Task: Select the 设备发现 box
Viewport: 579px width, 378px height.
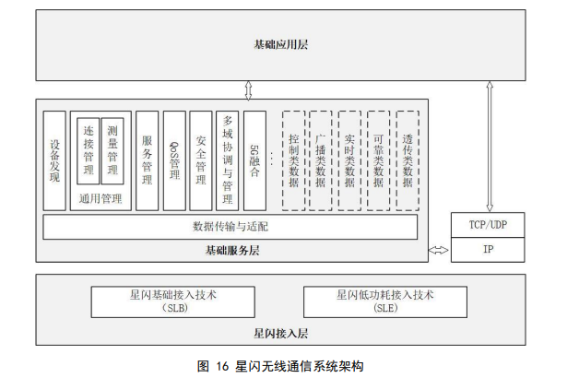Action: [54, 160]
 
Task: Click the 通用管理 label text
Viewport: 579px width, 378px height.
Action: [100, 198]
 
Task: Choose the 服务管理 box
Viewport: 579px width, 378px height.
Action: [147, 160]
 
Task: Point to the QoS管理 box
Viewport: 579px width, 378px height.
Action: [174, 160]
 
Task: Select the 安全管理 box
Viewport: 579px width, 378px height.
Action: [201, 160]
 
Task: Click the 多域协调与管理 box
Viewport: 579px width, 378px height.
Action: [228, 160]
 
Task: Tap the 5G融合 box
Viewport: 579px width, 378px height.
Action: [254, 160]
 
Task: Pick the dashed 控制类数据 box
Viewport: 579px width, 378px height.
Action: [293, 160]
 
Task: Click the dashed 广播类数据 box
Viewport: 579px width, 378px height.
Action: [321, 160]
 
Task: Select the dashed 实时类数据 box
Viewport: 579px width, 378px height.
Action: [349, 160]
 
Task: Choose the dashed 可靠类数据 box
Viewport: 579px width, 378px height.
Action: [378, 160]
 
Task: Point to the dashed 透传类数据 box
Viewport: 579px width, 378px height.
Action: [407, 160]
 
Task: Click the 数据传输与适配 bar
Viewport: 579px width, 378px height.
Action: [230, 226]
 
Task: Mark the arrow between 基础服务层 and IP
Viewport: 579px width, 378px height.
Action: [439, 250]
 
